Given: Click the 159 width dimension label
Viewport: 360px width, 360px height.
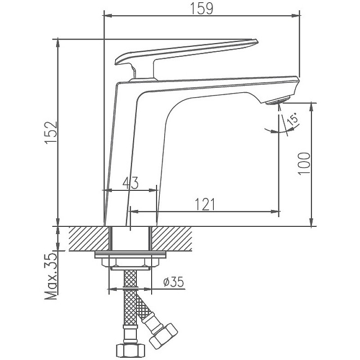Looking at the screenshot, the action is point(202,9).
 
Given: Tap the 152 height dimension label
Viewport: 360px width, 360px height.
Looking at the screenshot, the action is point(51,132).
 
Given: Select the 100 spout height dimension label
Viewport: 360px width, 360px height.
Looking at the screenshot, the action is point(304,164).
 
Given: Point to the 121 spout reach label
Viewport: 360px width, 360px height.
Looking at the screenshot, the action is point(205,204).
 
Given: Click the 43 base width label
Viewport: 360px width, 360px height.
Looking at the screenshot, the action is point(130,183).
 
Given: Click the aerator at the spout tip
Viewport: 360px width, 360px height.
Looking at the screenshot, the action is point(278,101).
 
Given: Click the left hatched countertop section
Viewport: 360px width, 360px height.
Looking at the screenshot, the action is point(89,239).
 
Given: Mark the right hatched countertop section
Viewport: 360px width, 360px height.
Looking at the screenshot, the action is point(172,239).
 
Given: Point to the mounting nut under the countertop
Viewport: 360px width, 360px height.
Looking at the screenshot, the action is point(130,262).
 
